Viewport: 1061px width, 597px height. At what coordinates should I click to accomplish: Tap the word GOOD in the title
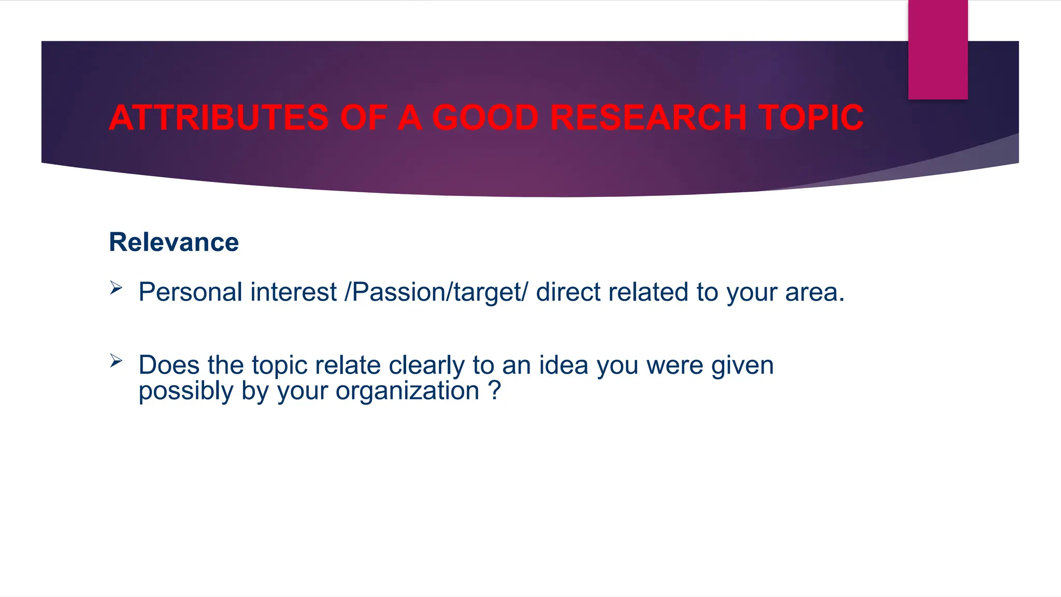tap(485, 118)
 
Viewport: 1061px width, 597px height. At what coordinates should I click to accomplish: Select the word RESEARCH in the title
tap(648, 118)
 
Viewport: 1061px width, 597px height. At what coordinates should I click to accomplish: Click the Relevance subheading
tap(174, 242)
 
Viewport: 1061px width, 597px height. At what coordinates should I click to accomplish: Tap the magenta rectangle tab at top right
tap(938, 49)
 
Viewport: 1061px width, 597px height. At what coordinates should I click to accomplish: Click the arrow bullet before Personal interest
tap(116, 288)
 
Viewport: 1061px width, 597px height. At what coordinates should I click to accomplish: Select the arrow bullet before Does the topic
tap(116, 361)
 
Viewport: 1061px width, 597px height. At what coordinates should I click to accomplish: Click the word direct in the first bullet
tap(568, 292)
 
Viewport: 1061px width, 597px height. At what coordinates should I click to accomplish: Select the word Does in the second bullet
tap(169, 365)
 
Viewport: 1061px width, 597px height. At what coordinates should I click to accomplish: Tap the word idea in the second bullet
tap(564, 365)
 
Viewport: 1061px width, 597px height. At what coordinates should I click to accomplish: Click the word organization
tap(407, 391)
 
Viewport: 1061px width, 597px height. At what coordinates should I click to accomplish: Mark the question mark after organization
tap(495, 390)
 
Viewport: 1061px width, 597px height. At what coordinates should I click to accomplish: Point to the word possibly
tap(185, 391)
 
